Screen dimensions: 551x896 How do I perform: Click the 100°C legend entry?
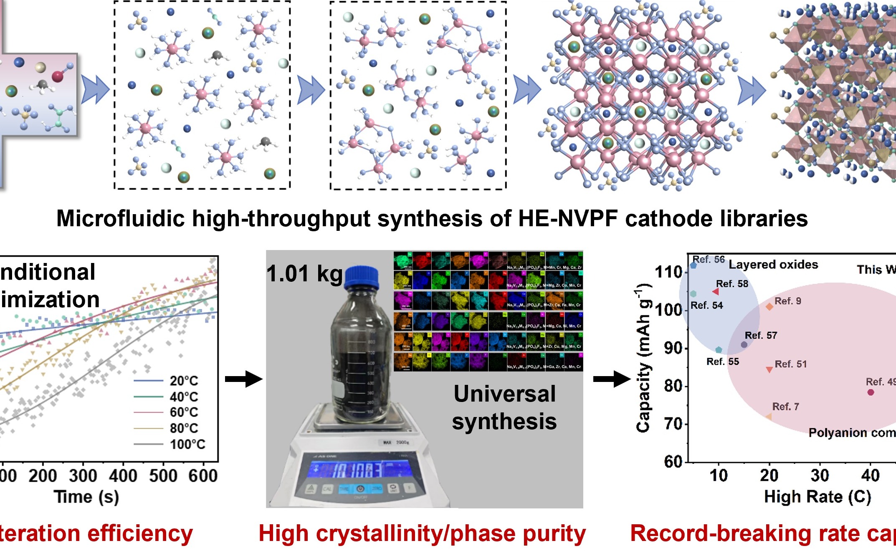[x=187, y=444]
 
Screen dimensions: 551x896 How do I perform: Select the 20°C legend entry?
[x=184, y=381]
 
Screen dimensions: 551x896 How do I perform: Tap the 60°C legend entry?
[x=184, y=412]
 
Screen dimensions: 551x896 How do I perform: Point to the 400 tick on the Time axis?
[x=123, y=476]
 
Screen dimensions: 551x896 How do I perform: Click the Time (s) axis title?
[x=86, y=497]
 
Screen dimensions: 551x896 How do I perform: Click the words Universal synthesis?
[x=504, y=407]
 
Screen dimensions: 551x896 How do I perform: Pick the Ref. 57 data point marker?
[x=744, y=345]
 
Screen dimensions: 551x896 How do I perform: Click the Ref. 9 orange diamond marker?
[x=769, y=307]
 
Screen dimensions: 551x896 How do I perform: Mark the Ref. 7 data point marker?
[x=769, y=417]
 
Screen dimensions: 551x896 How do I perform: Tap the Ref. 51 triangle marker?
[x=769, y=369]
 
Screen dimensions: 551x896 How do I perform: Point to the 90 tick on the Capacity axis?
[x=673, y=348]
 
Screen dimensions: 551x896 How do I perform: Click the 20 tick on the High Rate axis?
[x=769, y=475]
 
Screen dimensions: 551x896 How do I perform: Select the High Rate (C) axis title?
[x=818, y=497]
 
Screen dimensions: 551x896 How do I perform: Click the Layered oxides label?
[x=773, y=265]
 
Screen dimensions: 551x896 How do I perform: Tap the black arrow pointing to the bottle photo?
[x=243, y=379]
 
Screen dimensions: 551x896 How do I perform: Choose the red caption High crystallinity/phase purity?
[x=422, y=533]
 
